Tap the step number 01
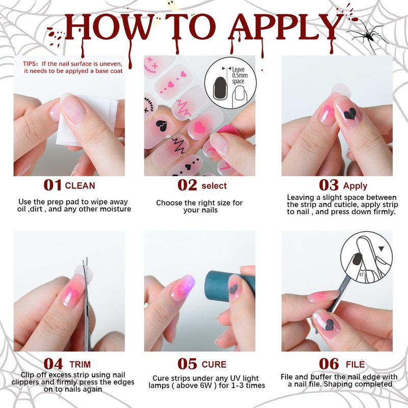[x=53, y=185]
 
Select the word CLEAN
[x=80, y=186]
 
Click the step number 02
[x=187, y=185]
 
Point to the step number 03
[x=328, y=185]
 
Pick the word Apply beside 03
[x=355, y=186]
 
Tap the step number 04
[x=53, y=364]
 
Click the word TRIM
[x=80, y=364]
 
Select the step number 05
[x=187, y=364]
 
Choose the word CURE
[x=214, y=364]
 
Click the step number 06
[x=328, y=364]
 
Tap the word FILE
[x=355, y=364]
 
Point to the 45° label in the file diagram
[x=362, y=274]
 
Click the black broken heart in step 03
[x=349, y=113]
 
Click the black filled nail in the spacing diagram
[x=220, y=88]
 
